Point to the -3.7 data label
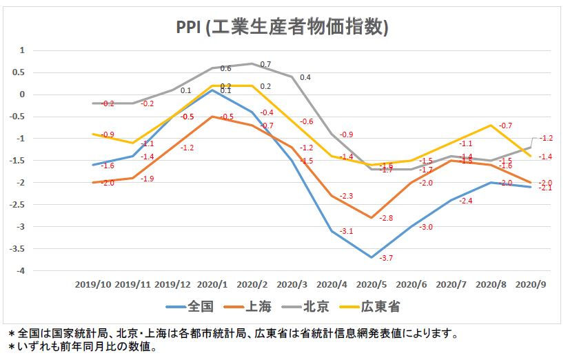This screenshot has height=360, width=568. click(x=386, y=257)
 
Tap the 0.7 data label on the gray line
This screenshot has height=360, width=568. click(x=265, y=64)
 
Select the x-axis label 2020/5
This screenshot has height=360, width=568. click(x=372, y=284)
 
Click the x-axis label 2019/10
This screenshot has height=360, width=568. click(x=94, y=284)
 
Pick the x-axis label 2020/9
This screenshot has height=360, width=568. click(x=531, y=284)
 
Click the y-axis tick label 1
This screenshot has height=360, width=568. click(x=22, y=50)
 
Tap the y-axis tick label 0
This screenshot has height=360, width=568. click(x=22, y=94)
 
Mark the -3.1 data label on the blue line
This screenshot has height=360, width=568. click(x=346, y=231)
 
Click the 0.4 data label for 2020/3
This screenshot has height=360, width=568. click(x=305, y=77)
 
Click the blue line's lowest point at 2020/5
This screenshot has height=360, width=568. click(x=372, y=257)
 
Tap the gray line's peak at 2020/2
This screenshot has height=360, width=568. click(x=252, y=63)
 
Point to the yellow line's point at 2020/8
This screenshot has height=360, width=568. click(x=491, y=125)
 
